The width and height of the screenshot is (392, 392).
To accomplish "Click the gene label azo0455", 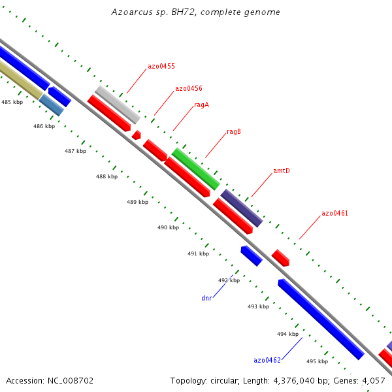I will coord(161,67).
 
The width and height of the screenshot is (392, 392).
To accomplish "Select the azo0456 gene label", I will coord(188,89).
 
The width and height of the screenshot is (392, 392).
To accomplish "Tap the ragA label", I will coord(201,105).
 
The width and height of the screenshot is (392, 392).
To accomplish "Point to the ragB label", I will coord(234,132).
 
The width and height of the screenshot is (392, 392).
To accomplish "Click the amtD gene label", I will coord(281,171).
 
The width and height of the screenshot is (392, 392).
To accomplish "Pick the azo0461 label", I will coord(335,214).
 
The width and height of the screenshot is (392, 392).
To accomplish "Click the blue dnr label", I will coord(206,298).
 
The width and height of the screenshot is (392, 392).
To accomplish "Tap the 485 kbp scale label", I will coord(12,103).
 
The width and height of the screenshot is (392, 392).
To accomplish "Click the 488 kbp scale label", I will coord(106,177).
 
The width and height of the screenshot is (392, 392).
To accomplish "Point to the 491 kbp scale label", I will coord(198,253).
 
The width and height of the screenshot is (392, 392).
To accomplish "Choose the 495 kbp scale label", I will coord(317,361).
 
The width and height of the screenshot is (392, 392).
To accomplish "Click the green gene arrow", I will coord(195,169).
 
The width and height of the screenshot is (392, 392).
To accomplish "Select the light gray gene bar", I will coord(117,105).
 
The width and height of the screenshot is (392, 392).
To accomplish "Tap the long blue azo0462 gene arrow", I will coord(320,319).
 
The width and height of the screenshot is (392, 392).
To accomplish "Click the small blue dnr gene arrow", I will coord(252,255).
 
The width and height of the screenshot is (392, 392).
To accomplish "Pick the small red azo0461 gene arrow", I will coord(280,257).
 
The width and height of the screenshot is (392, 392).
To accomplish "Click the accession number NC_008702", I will coord(50,380).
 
